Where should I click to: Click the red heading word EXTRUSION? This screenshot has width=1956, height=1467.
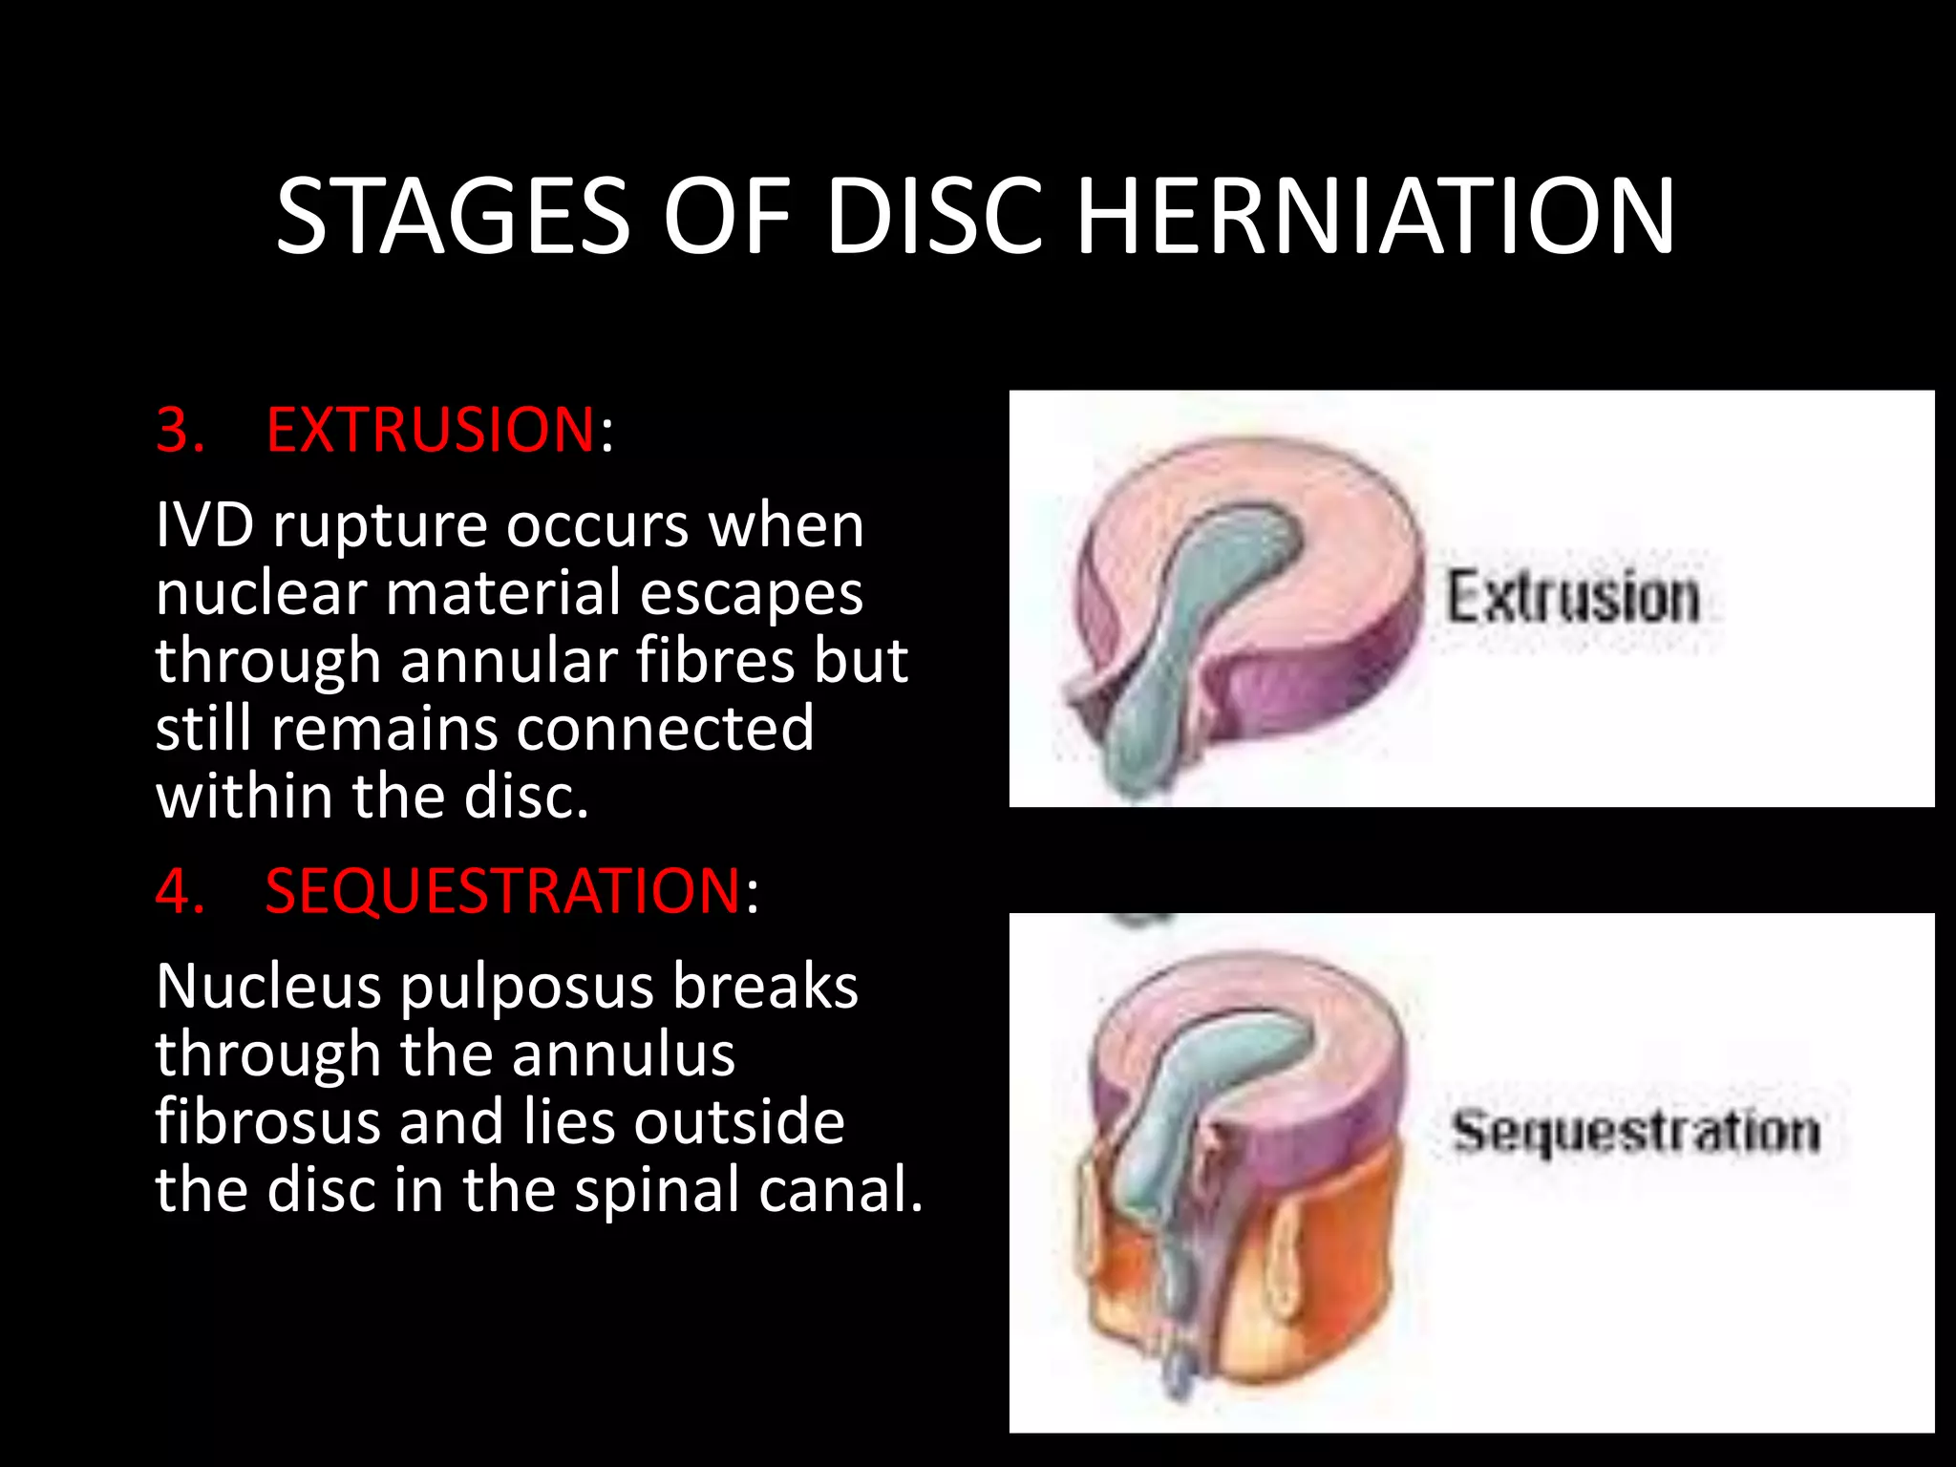(431, 430)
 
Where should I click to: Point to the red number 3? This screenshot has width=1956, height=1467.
(179, 430)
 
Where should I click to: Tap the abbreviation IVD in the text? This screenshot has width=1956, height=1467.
(204, 525)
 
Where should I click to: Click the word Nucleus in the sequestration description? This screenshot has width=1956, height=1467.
(268, 987)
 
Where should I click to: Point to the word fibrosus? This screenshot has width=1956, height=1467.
(267, 1121)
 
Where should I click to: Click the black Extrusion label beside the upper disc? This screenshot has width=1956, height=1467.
(1572, 598)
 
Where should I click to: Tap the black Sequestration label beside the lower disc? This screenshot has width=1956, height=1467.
(1635, 1133)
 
